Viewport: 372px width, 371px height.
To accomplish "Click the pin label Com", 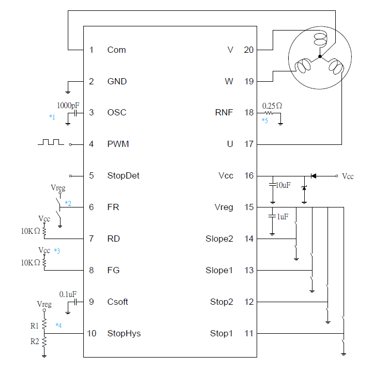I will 116,50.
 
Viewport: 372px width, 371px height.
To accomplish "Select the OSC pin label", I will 116,112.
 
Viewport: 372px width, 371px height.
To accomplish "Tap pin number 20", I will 248,50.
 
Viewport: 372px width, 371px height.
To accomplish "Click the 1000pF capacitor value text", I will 68,105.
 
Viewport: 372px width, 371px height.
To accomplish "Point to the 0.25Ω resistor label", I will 272,105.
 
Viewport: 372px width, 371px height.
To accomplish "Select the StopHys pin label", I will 124,333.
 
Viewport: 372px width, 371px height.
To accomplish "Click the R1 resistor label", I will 34,326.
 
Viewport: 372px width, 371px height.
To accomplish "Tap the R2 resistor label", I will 34,342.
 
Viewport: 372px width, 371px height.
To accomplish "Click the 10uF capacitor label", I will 284,185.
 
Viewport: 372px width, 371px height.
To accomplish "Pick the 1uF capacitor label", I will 282,217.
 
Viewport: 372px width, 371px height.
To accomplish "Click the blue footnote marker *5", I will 265,121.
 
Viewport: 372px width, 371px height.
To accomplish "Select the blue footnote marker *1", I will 52,117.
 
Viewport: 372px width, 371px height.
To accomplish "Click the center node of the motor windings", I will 320,56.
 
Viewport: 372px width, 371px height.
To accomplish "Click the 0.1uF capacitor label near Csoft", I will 68,294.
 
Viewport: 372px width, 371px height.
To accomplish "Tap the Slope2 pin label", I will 219,239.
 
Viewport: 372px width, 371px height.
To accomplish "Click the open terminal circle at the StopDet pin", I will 71,175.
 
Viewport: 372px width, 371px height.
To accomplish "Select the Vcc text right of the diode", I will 348,176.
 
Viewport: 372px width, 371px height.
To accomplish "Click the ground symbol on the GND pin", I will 68,89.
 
